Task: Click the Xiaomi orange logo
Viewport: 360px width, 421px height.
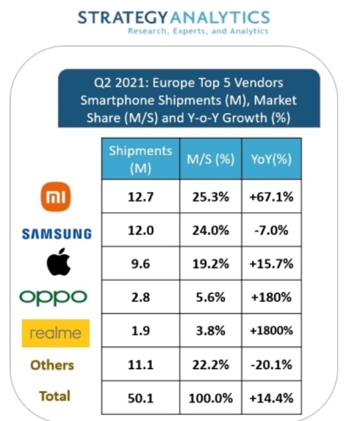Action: click(x=57, y=198)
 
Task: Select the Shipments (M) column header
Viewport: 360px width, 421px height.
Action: click(x=141, y=159)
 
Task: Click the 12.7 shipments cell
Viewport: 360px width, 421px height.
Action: click(x=141, y=197)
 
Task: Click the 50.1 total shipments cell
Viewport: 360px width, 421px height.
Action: click(x=141, y=397)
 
